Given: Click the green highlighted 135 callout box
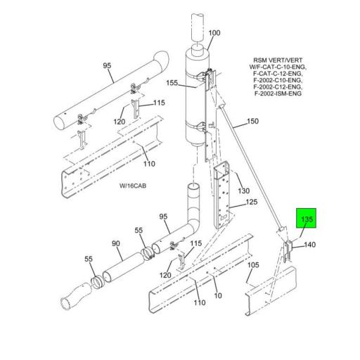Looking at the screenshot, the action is [307, 218].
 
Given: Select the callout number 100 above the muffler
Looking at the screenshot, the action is [214, 33].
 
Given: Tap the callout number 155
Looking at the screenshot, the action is [172, 83].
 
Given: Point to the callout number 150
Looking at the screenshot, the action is [252, 121].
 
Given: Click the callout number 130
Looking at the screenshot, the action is [244, 191].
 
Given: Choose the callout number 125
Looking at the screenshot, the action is [252, 202].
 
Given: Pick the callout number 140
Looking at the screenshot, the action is [310, 245].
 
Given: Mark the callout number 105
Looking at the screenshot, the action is [253, 265].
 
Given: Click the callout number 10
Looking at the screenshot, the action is [218, 295].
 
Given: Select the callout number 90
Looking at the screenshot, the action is [116, 244].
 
